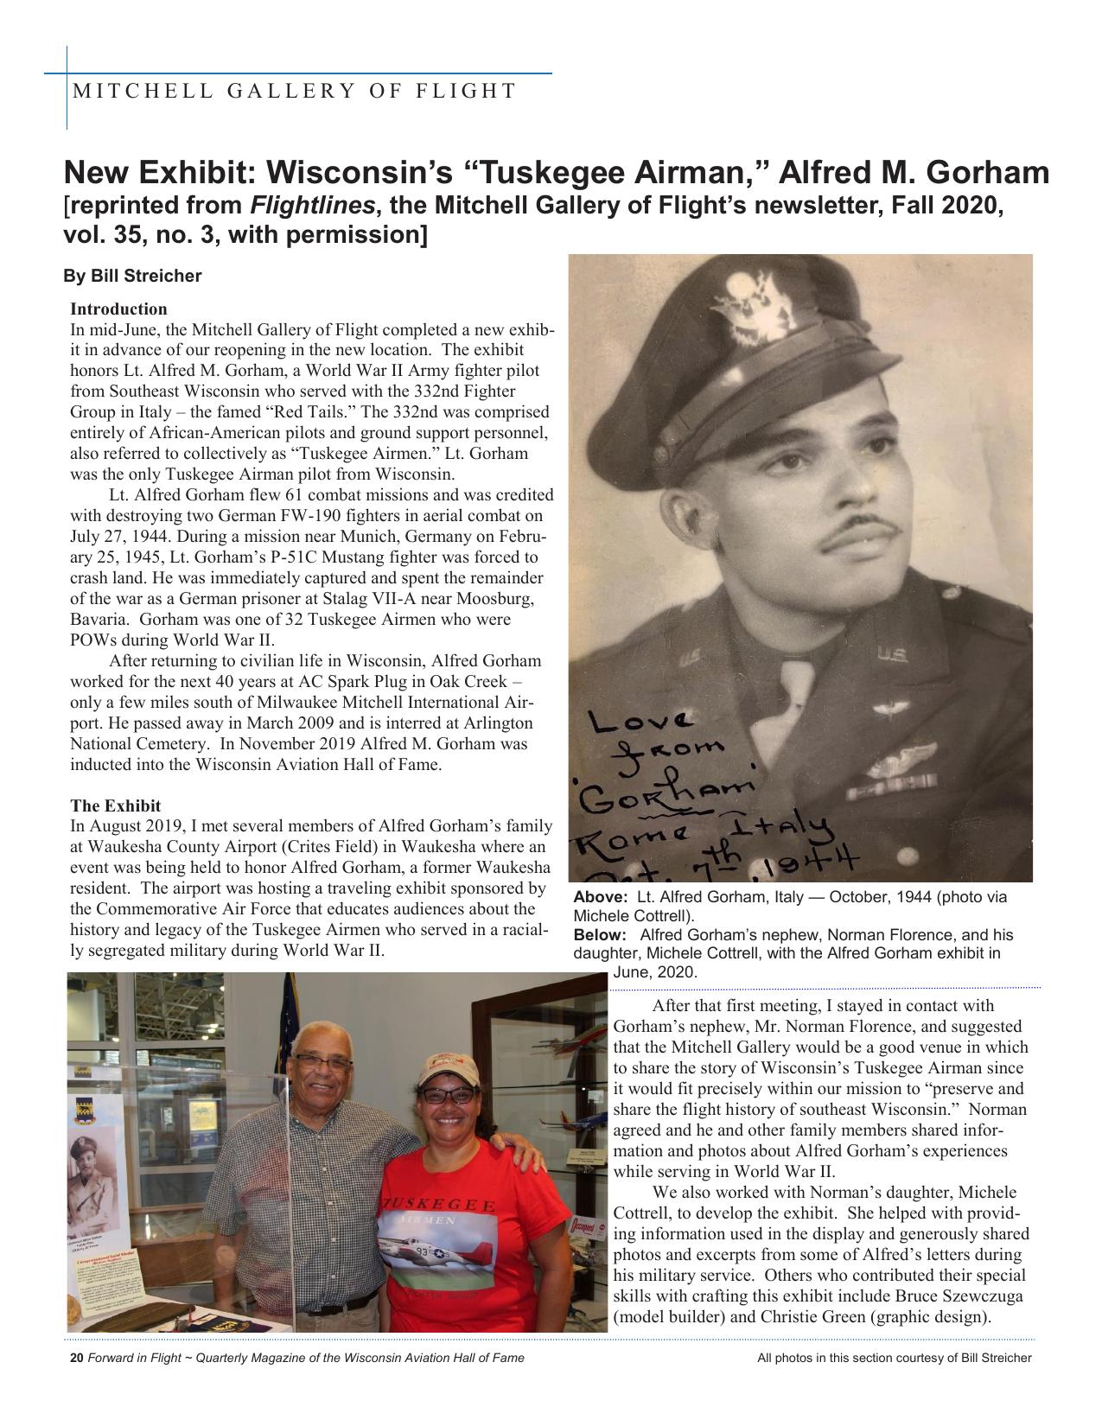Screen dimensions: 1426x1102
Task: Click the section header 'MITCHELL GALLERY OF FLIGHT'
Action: tap(295, 91)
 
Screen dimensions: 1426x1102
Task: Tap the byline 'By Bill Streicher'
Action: tap(132, 276)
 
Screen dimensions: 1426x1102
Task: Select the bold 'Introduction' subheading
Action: tap(118, 309)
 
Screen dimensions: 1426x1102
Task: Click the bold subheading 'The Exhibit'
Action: tap(115, 805)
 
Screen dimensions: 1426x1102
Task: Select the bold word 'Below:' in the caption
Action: tap(600, 935)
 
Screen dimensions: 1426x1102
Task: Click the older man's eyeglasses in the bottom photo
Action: tap(322, 1060)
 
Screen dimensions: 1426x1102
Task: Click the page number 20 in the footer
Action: tap(76, 1358)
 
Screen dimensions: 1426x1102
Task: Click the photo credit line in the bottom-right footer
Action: tap(894, 1358)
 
